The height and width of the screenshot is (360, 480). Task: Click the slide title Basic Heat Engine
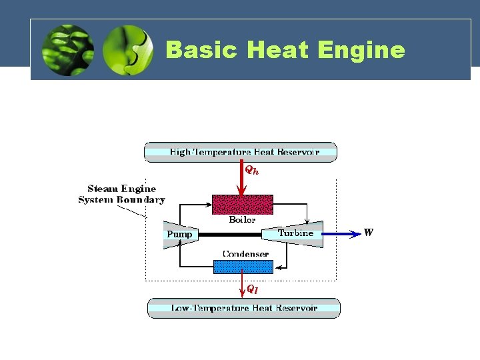coord(285,50)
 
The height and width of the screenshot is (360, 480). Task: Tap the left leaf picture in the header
coord(67,50)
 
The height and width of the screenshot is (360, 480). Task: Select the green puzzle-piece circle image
coord(128,50)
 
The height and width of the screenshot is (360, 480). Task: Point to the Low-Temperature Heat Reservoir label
coord(243,308)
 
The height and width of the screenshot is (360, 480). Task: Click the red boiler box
coord(242,204)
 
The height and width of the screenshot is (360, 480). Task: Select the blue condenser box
coord(243,267)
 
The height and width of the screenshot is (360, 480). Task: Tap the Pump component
coord(177,234)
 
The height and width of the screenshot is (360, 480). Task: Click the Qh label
coord(251,171)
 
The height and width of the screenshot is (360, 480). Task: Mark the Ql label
coord(252,289)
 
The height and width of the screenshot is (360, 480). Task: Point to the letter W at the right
coord(369,233)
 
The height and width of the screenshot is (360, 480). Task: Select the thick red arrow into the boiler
coord(241,179)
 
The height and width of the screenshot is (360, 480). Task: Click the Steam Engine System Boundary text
coord(121,194)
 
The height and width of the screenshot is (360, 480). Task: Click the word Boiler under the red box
coord(242,219)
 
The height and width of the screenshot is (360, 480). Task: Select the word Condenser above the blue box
coord(245,254)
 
